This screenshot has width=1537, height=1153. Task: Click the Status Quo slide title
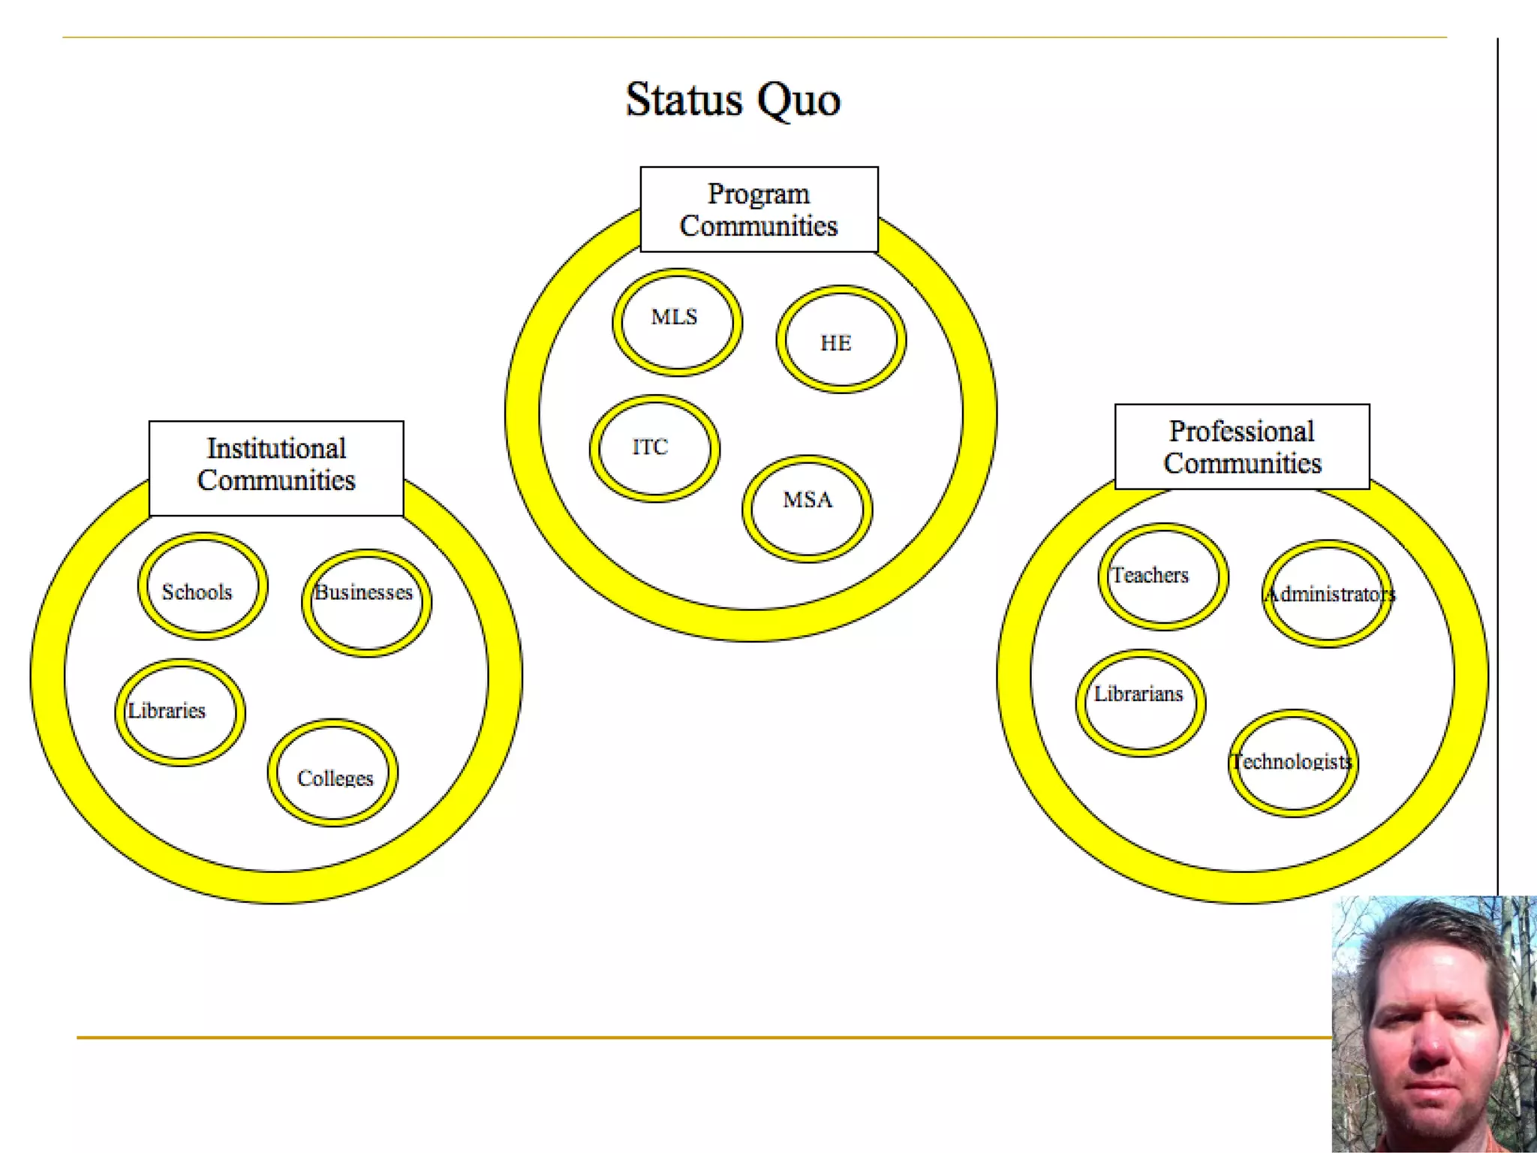[732, 100]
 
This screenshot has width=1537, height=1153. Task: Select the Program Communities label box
[759, 209]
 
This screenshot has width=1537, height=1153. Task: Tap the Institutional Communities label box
[276, 468]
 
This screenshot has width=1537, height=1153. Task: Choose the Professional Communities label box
[1242, 447]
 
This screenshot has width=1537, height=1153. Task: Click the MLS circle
[677, 322]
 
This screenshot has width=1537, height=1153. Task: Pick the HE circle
[841, 339]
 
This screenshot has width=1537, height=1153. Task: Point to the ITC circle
[654, 449]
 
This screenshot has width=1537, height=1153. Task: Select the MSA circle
[808, 508]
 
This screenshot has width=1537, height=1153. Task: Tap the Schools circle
[202, 586]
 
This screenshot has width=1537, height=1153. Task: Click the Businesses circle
[366, 603]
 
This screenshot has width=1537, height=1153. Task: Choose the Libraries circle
[180, 712]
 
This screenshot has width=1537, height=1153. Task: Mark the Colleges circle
[332, 773]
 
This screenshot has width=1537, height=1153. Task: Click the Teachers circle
[1163, 576]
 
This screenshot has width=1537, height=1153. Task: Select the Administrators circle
[1327, 594]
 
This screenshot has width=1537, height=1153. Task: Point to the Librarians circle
[1141, 703]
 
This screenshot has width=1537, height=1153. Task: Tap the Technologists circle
[1292, 763]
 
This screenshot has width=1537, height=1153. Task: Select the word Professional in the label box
[1242, 432]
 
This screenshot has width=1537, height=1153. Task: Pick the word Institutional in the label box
[276, 449]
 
